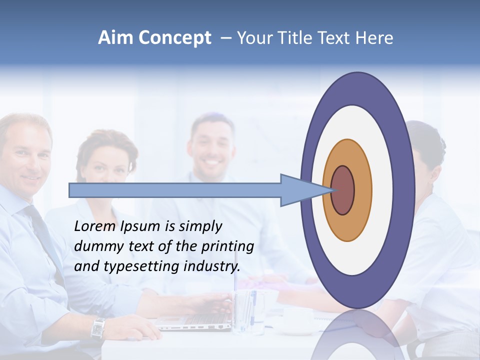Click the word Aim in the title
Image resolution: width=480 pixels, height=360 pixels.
point(115,38)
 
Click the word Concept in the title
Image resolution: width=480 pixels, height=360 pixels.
point(175,38)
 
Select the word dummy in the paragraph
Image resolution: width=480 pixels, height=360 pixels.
point(95,246)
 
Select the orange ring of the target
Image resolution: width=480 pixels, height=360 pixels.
point(362,190)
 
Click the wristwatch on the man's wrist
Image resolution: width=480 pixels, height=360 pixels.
point(98,328)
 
